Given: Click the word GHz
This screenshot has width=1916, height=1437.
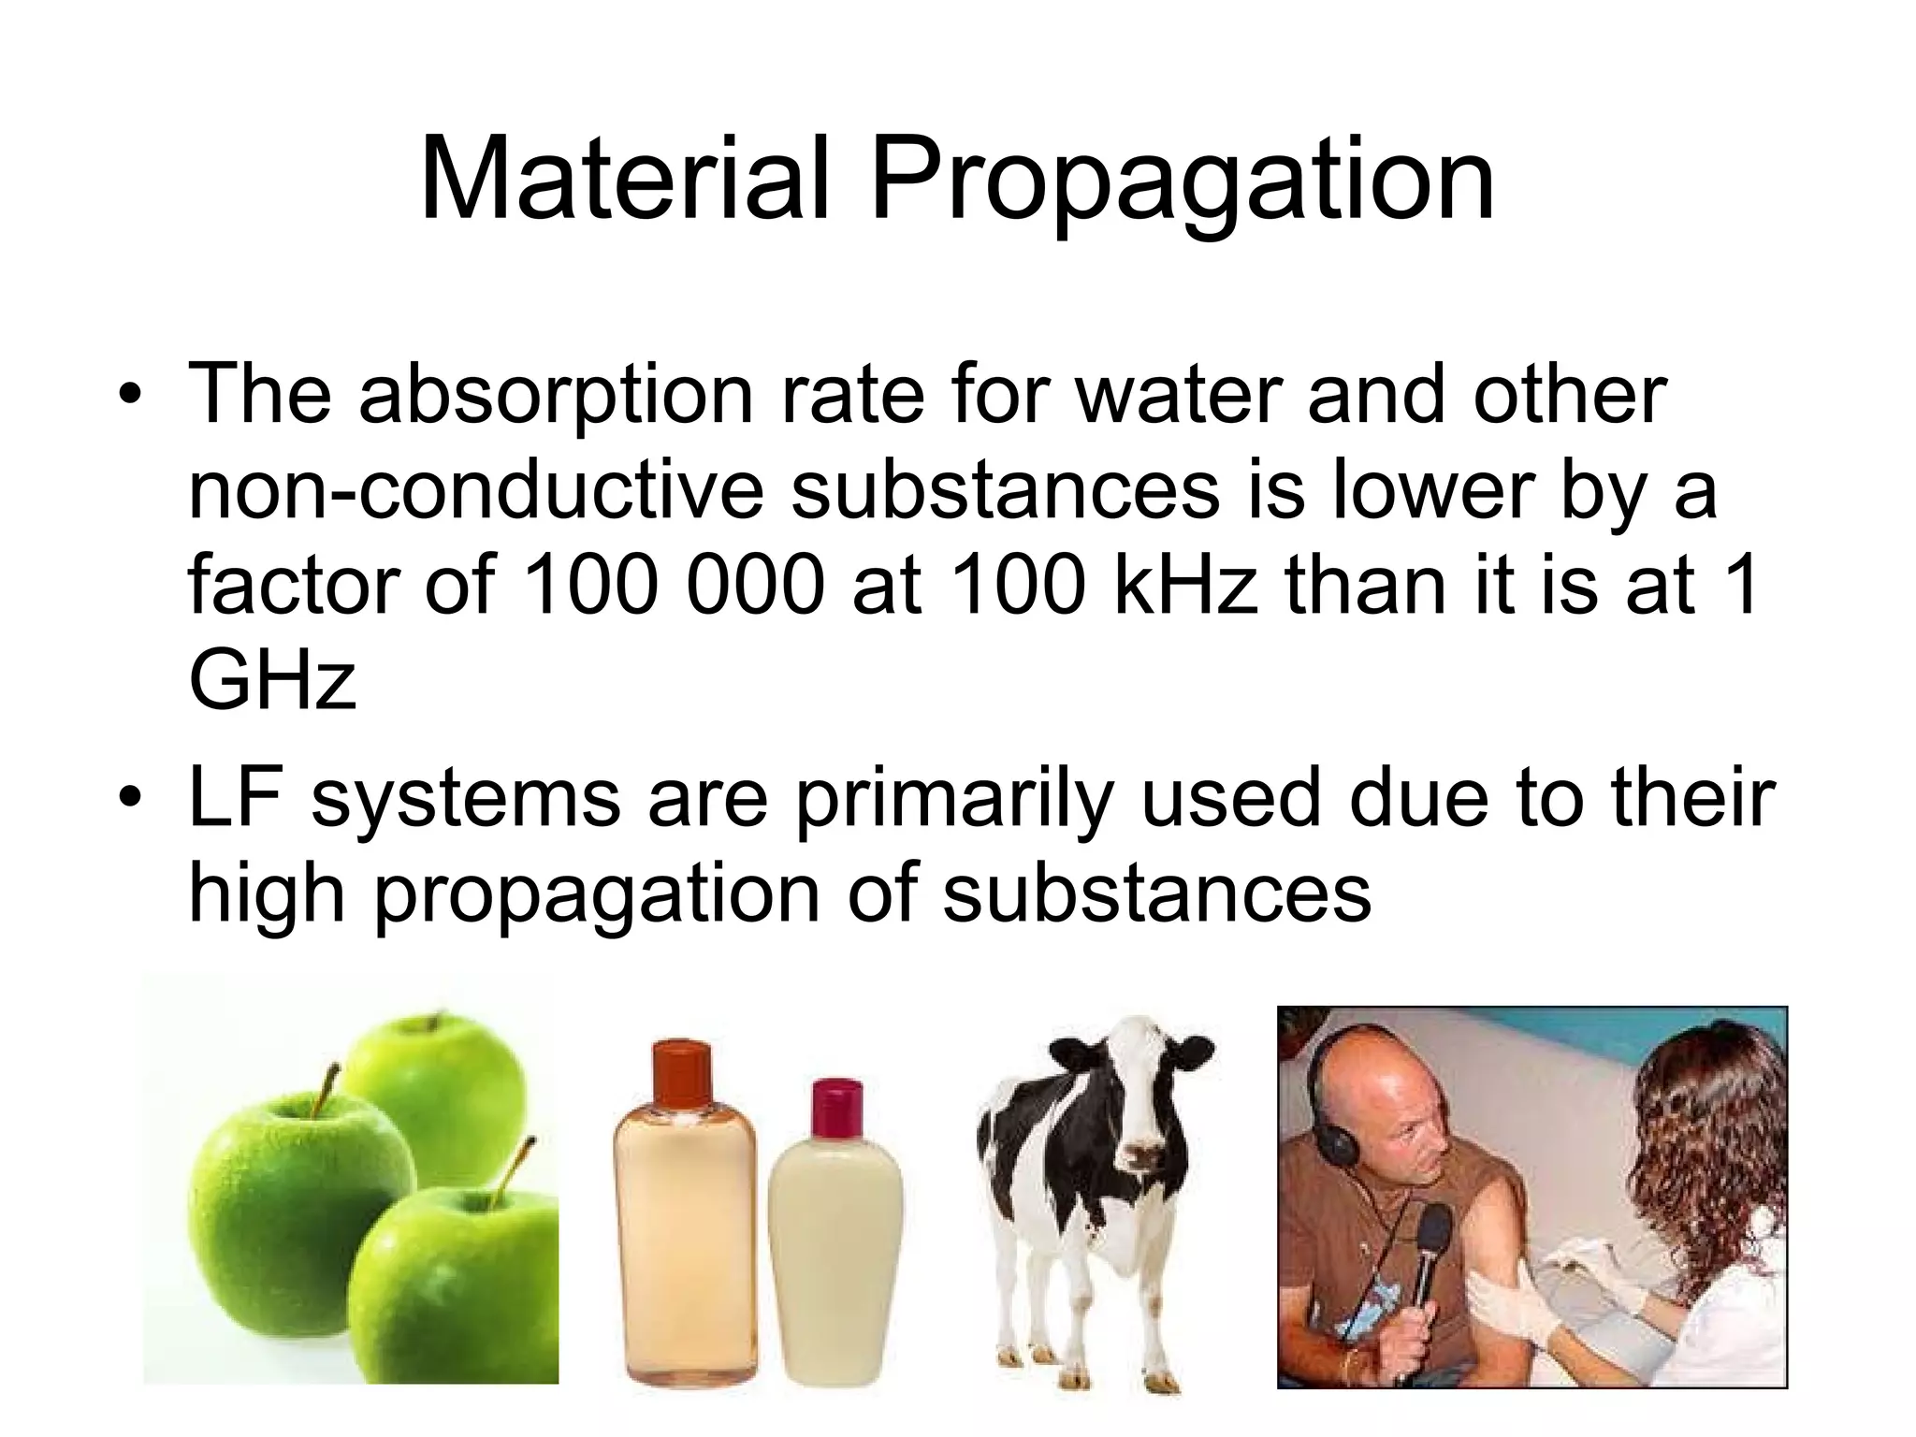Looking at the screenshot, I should coord(272,680).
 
